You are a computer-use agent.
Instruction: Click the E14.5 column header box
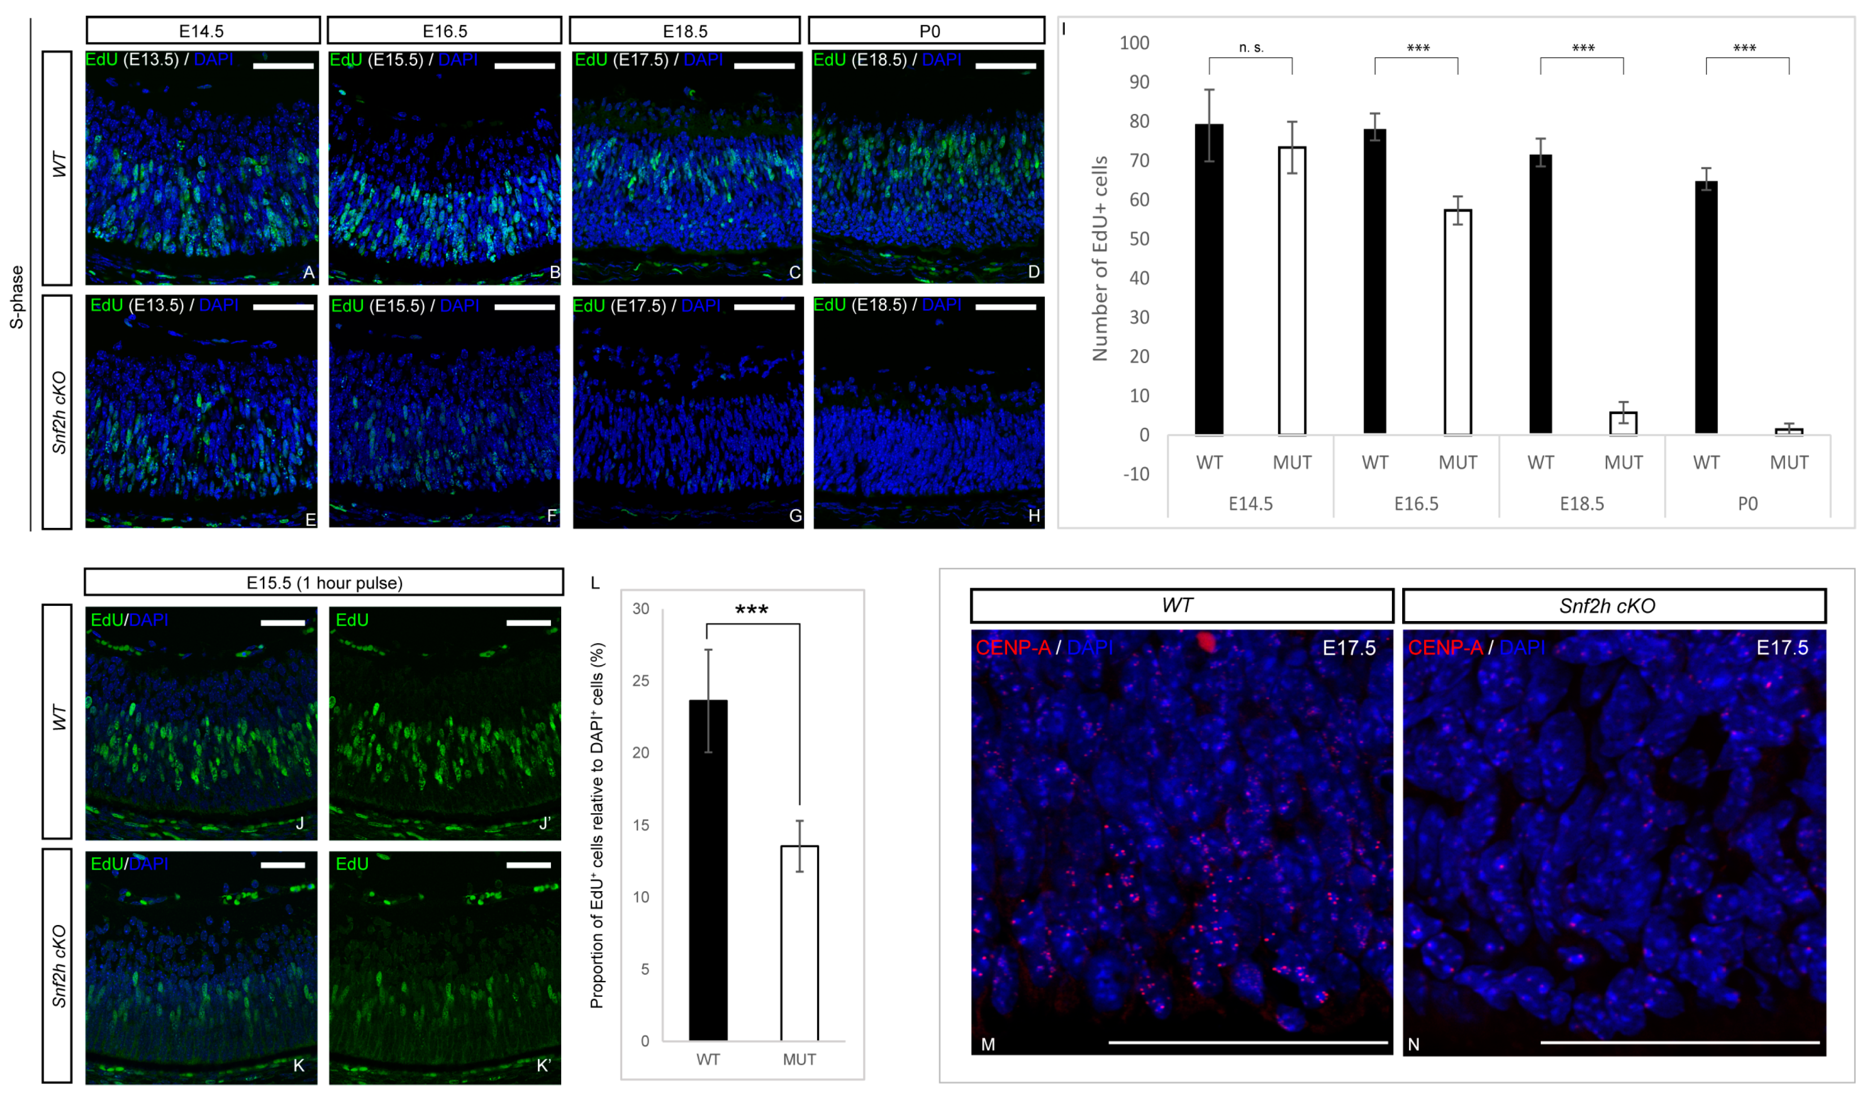(202, 31)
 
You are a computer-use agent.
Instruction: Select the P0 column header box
(927, 31)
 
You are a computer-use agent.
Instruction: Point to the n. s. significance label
(1251, 48)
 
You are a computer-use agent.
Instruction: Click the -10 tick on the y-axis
(1135, 474)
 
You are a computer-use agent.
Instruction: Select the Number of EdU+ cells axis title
(1100, 259)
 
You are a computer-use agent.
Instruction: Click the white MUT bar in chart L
(799, 943)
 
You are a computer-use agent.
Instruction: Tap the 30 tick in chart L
(640, 609)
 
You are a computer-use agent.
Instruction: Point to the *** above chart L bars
(751, 610)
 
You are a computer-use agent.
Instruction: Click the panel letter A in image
(309, 272)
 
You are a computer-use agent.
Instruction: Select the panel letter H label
(1034, 516)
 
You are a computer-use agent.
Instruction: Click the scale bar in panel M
(1248, 1041)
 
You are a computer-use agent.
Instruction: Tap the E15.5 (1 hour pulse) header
(324, 582)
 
